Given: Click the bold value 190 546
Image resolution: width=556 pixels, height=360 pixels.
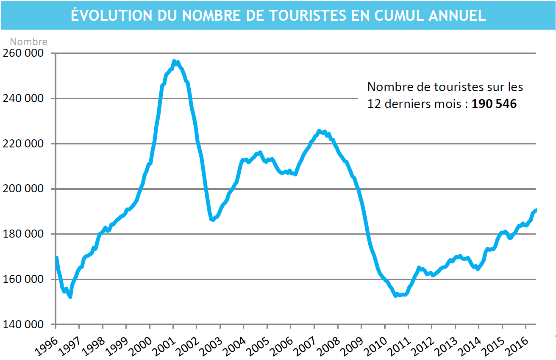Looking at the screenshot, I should [x=494, y=104].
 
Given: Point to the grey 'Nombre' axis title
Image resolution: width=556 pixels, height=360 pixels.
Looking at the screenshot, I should [x=28, y=42].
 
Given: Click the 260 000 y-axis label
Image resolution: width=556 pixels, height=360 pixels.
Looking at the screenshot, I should [x=23, y=53].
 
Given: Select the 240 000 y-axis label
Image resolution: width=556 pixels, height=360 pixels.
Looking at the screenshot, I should [x=23, y=99].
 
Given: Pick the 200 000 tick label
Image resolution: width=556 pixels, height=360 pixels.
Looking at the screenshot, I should [x=23, y=189].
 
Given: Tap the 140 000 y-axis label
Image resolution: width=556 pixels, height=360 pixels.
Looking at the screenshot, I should [x=23, y=324].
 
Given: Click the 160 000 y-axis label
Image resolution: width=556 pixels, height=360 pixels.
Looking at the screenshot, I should [x=23, y=280].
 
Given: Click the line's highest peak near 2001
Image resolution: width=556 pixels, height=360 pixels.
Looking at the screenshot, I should [x=174, y=62].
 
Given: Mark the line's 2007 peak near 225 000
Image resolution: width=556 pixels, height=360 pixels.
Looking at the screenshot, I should [x=319, y=131].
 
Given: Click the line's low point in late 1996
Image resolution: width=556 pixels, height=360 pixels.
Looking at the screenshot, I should [x=70, y=297].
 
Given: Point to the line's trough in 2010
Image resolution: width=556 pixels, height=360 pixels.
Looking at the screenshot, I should [x=396, y=296].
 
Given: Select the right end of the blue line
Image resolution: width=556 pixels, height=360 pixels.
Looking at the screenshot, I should [x=536, y=210].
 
